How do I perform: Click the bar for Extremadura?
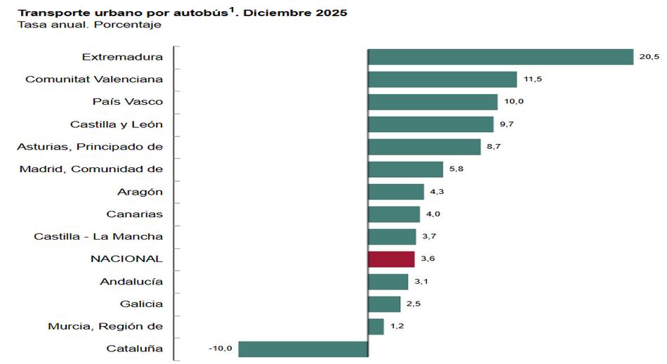click(x=501, y=57)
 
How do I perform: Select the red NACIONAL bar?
click(x=391, y=259)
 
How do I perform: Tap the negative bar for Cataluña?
click(x=303, y=349)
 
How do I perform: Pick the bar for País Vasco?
click(x=432, y=102)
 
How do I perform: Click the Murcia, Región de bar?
click(x=376, y=326)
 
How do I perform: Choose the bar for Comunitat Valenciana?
click(x=442, y=79)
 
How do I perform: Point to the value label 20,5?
click(x=649, y=57)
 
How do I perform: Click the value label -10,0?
click(x=220, y=349)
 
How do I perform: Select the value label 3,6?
click(x=428, y=259)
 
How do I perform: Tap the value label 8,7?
click(x=494, y=147)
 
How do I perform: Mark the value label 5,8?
click(x=456, y=169)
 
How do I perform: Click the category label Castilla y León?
click(x=117, y=124)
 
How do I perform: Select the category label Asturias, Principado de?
click(x=90, y=147)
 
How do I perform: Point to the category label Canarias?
click(x=135, y=214)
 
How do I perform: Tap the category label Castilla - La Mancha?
click(x=98, y=236)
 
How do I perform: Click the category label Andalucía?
click(x=131, y=281)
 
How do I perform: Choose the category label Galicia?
click(x=141, y=304)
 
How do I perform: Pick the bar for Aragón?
click(x=396, y=192)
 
